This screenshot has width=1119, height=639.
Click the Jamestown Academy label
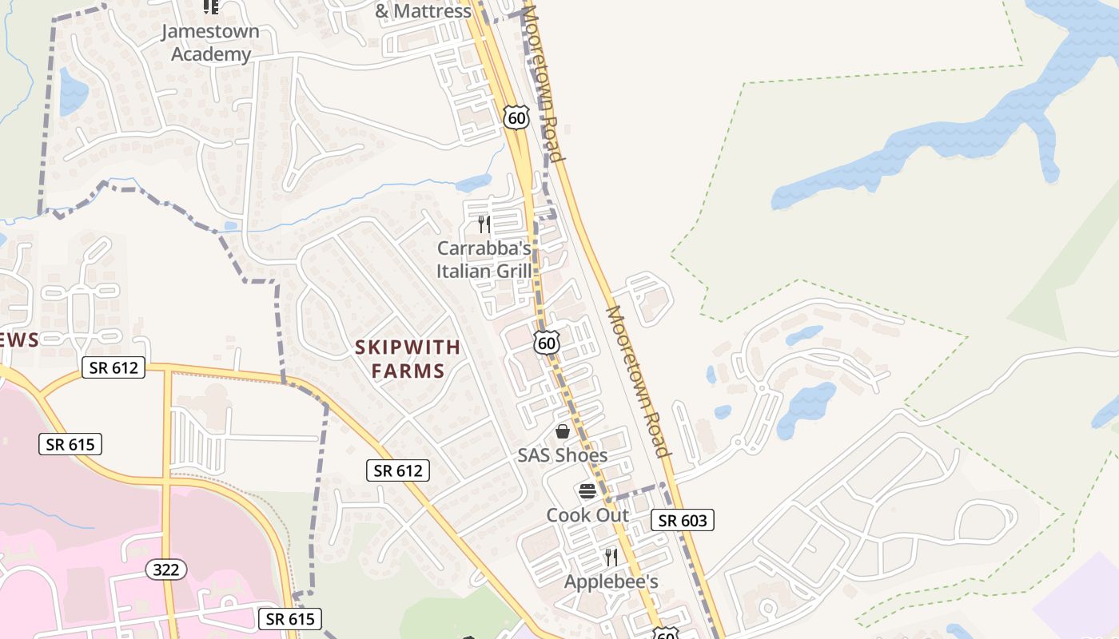coord(210,43)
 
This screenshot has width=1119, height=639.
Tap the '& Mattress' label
coord(423,11)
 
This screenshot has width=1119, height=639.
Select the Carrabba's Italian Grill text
coord(484,260)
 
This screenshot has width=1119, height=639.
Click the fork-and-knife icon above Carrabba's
coord(484,224)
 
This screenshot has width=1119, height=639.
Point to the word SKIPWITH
coord(408,347)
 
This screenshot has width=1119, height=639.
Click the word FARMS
coord(408,371)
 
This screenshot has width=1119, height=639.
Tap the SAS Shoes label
coord(562,455)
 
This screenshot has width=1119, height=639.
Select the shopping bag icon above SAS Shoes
coord(563,431)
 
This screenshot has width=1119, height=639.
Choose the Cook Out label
coord(587,515)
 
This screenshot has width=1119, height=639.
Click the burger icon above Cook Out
coord(587,490)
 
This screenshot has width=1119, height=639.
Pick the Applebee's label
coord(611,581)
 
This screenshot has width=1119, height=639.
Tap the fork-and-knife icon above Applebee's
coord(611,557)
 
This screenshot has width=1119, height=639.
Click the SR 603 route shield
coord(682,521)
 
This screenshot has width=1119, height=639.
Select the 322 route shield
coord(166,570)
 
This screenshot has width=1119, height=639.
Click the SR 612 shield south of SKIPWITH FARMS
coord(398,470)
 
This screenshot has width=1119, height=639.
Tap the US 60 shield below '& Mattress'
coord(517,118)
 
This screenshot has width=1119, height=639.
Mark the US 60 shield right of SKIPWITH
coord(547,343)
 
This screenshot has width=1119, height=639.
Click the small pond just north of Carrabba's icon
coord(473,184)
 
